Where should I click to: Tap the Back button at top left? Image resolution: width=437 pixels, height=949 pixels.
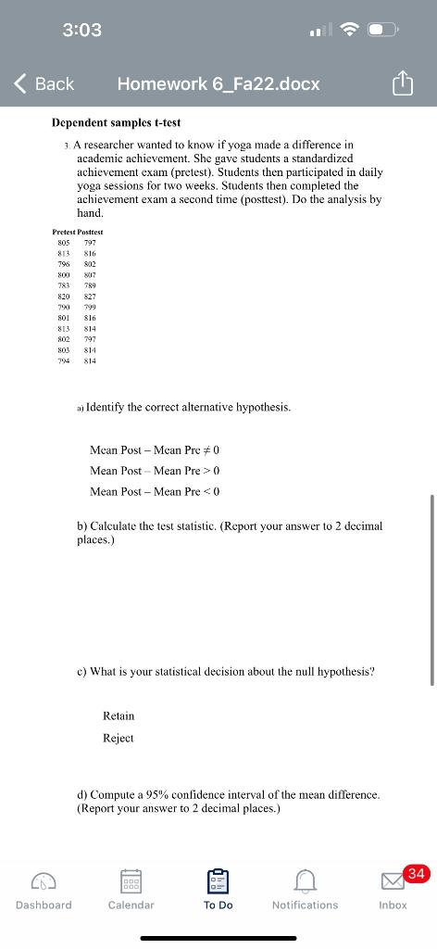pos(44,83)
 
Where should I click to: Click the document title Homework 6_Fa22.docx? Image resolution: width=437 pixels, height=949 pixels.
pos(218,83)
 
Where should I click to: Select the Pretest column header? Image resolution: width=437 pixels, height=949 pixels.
pos(65,231)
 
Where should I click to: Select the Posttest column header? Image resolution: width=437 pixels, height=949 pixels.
pos(90,231)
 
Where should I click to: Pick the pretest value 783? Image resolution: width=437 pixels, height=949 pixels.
pos(64,286)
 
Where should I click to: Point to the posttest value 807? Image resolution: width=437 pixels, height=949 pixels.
pos(91,275)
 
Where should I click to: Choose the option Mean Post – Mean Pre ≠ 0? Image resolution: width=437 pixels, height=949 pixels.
pos(155,449)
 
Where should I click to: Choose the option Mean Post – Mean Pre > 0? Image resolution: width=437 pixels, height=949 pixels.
pos(155,470)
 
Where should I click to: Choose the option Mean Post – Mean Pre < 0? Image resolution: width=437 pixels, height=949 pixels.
pos(155,491)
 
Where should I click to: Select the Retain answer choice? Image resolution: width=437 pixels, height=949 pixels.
pos(119,715)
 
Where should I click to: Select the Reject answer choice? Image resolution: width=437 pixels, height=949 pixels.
pos(119,738)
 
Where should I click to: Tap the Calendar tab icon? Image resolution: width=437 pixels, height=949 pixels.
pos(131,879)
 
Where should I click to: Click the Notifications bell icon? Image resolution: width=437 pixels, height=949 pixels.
pos(305,879)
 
